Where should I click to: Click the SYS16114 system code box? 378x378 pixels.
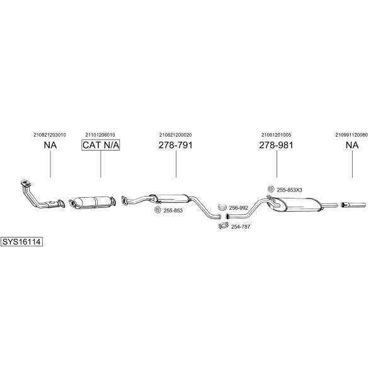pos(21,241)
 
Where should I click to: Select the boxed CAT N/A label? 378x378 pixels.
pos(101,145)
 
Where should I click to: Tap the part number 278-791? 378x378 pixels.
pos(176,145)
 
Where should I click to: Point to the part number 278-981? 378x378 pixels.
pos(277,145)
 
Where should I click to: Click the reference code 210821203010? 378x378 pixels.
pos(50,135)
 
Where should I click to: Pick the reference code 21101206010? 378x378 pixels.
pos(100,135)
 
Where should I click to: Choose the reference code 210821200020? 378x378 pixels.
pos(176,135)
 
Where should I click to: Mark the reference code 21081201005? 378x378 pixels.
pos(277,135)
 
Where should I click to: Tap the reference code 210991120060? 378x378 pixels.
pos(352,135)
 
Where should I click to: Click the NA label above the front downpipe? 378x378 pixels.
pos(50,145)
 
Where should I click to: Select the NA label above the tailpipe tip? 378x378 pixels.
pos(352,145)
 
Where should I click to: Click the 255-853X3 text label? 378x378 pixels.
pos(289,190)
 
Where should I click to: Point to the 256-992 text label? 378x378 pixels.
pos(238,208)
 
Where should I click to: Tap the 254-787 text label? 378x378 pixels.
pos(241,227)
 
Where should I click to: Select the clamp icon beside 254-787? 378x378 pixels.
pos(223,226)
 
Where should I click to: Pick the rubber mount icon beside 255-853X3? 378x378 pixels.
pos(271,189)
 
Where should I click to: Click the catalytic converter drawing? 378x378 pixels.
pos(92,202)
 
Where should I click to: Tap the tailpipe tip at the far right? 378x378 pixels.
pos(353,205)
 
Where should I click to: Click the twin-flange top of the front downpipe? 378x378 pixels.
pos(26,183)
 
